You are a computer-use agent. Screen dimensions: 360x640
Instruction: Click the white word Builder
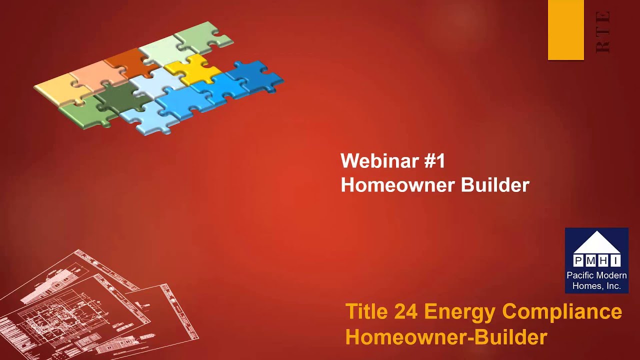point(495,185)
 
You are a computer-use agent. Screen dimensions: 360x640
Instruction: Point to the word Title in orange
point(366,311)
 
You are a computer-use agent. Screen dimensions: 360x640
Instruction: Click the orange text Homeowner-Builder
point(446,337)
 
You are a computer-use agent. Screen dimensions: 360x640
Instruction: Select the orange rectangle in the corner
point(565,30)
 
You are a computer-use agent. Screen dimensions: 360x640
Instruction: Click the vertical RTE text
point(603,32)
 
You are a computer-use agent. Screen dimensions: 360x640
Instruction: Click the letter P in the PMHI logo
point(578,260)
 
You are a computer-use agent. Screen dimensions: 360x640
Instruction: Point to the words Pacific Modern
point(596,275)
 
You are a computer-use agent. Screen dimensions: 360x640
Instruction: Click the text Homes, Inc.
point(596,286)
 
